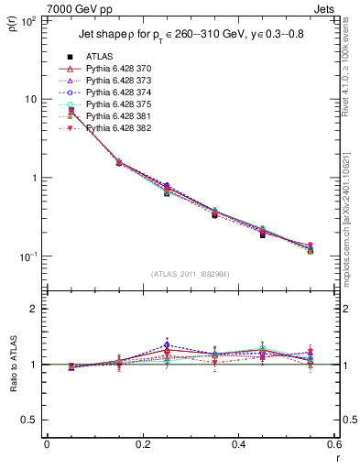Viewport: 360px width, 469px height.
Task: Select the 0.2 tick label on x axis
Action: click(x=142, y=445)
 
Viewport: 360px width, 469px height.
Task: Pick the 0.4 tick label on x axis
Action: click(x=237, y=445)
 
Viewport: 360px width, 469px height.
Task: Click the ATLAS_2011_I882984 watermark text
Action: click(x=190, y=273)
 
